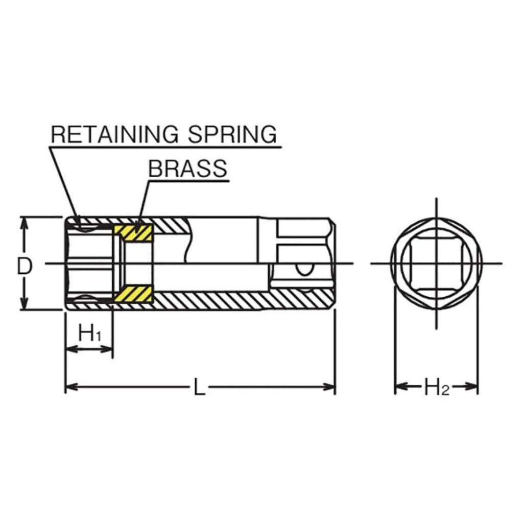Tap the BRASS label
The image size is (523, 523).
[187, 169]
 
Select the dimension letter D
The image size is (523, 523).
[25, 267]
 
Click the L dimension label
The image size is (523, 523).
[199, 387]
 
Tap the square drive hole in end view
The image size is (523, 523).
[436, 264]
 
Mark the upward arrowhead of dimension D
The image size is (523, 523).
[23, 224]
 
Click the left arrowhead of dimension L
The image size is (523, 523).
[72, 387]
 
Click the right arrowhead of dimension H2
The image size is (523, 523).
[471, 387]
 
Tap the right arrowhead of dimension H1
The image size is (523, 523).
[107, 349]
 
